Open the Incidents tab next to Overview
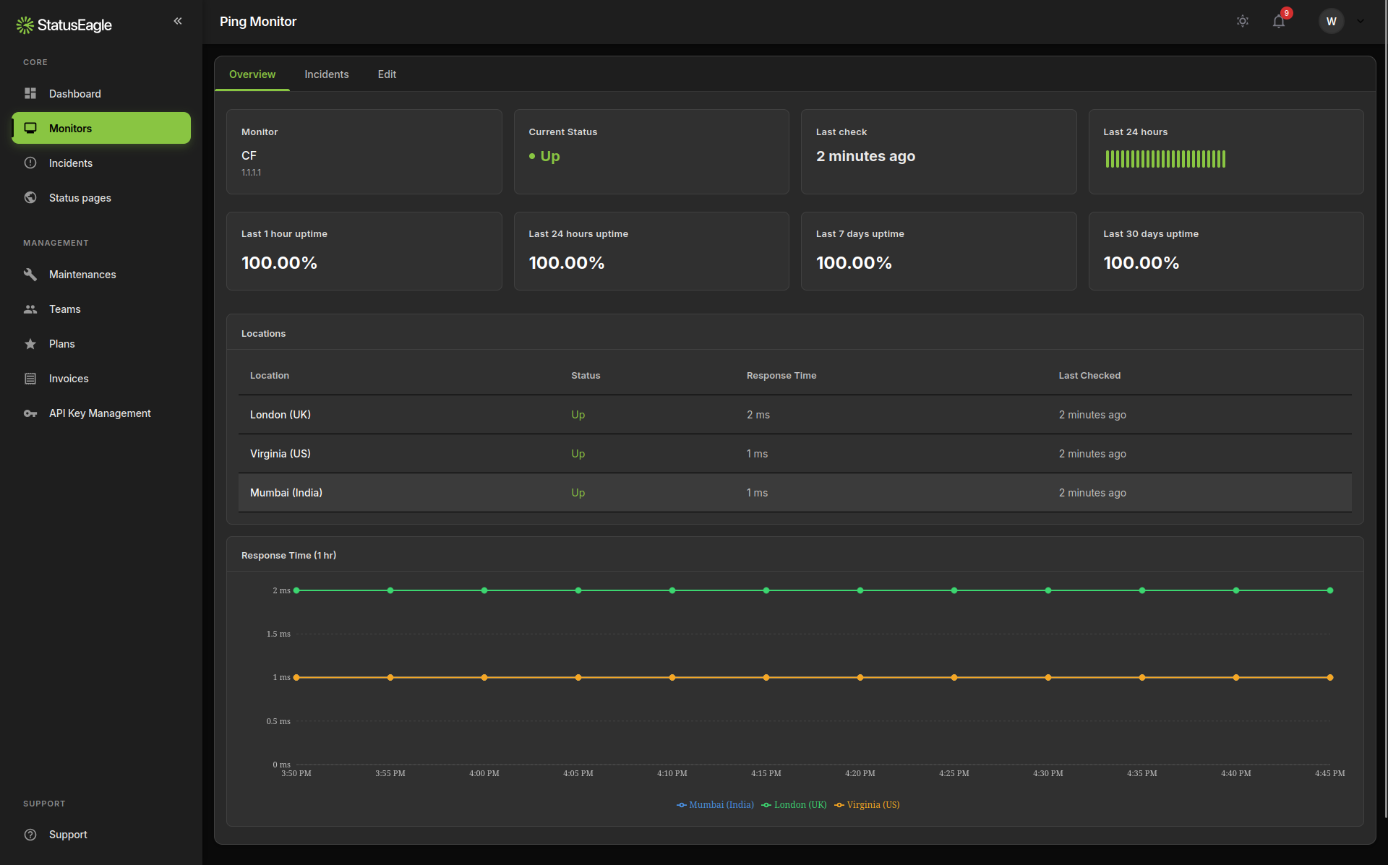click(326, 74)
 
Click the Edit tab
click(387, 74)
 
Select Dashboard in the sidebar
click(74, 94)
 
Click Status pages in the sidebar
click(80, 198)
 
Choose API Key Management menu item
click(100, 413)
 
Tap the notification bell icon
click(1279, 22)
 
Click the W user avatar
click(1331, 22)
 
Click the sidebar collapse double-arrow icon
click(178, 21)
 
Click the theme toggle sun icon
click(1242, 22)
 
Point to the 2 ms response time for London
click(758, 415)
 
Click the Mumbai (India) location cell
click(286, 493)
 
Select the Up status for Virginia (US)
click(578, 454)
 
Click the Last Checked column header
click(1089, 376)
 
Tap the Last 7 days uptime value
click(853, 263)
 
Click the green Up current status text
click(549, 156)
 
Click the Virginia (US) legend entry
click(872, 805)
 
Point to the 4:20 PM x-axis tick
click(860, 773)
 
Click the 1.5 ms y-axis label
click(278, 634)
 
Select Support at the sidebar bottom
click(68, 835)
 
